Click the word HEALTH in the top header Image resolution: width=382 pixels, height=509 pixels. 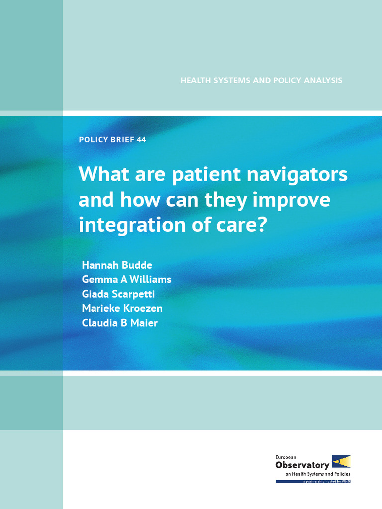coord(194,80)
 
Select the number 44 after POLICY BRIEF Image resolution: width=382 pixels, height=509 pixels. coord(141,140)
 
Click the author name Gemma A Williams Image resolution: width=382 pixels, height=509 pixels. coord(126,279)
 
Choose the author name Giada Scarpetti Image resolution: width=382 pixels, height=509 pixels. coord(118,294)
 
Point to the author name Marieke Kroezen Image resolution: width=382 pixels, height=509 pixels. coord(122,308)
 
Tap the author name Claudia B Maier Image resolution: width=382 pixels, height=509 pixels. coord(119,323)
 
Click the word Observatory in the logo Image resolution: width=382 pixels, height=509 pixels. coord(302,465)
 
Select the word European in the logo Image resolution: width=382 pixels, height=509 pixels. coord(286,457)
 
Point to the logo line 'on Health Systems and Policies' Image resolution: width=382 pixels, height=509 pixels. coord(318,474)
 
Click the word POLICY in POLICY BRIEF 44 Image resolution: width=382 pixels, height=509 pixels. coord(93,140)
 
